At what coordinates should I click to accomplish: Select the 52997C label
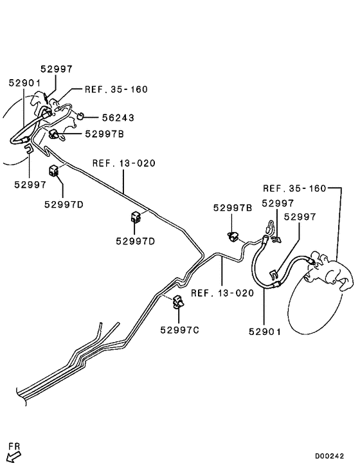pos(180,330)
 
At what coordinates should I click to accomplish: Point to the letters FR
pos(14,445)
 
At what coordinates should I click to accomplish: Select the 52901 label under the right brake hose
pos(265,332)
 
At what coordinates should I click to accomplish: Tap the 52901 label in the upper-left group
pos(24,83)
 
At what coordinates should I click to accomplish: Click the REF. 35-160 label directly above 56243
pos(116,89)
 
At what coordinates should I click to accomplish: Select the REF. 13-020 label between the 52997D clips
pos(124,163)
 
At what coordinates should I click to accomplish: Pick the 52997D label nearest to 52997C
pos(136,242)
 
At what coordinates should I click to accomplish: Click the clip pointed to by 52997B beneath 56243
pos(55,134)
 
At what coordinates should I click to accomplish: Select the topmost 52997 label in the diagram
pos(57,69)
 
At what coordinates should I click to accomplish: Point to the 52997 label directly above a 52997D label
pos(31,184)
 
